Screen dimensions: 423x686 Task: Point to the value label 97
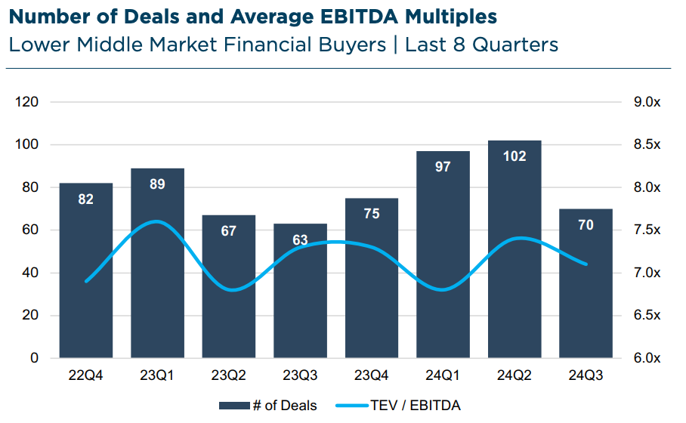pyautogui.click(x=443, y=166)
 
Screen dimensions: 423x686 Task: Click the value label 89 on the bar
pyautogui.click(x=157, y=184)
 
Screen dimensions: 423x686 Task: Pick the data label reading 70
pyautogui.click(x=586, y=224)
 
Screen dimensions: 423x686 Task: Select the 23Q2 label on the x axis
pyautogui.click(x=228, y=375)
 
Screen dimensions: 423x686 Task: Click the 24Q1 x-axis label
pyautogui.click(x=443, y=375)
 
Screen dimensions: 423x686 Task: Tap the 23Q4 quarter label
pyautogui.click(x=371, y=375)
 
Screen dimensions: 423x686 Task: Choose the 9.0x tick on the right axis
pyautogui.click(x=646, y=102)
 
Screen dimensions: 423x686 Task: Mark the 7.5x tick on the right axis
pyautogui.click(x=646, y=230)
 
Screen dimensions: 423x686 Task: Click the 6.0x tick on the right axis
pyautogui.click(x=646, y=359)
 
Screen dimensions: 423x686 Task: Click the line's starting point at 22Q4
pyautogui.click(x=86, y=281)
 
